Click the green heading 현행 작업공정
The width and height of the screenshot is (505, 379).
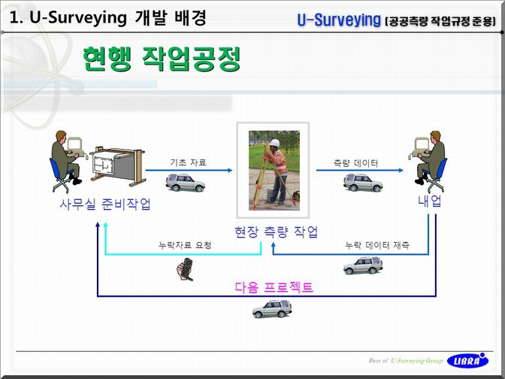tap(162, 59)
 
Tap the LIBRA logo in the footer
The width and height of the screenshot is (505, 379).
tap(467, 360)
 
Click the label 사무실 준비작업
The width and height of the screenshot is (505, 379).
tap(105, 204)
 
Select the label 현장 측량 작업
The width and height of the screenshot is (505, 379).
tap(276, 232)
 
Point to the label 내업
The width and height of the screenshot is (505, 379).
tap(430, 201)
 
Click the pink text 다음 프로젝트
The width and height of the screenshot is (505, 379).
tap(274, 287)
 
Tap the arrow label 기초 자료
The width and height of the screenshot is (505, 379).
tap(188, 162)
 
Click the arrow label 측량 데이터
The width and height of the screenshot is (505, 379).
tap(355, 163)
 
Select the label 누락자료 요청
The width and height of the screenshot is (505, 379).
tap(185, 245)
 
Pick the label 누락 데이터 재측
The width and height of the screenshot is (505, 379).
tap(377, 246)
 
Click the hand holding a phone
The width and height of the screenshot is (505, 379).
tap(185, 269)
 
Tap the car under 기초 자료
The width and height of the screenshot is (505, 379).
tap(186, 183)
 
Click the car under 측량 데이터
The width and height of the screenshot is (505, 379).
tap(363, 183)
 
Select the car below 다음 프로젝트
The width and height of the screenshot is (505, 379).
tap(272, 309)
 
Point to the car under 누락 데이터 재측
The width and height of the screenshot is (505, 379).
tap(363, 265)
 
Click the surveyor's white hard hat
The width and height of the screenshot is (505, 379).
tap(274, 143)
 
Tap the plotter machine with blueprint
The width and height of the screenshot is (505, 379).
tap(117, 166)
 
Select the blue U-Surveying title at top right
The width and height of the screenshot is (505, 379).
tap(338, 20)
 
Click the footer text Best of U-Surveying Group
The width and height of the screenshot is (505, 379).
tap(406, 361)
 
